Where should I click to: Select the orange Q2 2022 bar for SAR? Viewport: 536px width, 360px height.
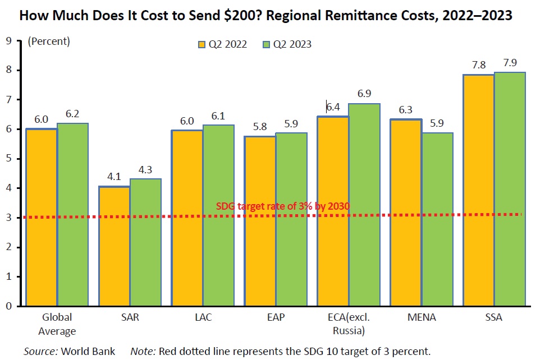[114, 246]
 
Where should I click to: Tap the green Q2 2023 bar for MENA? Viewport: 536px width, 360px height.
[437, 219]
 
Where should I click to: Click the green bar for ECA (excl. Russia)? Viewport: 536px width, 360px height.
[364, 205]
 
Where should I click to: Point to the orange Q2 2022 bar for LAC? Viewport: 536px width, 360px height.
[187, 218]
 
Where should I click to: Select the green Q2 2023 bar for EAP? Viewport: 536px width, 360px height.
[291, 219]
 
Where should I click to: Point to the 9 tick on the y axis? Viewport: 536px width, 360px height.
[8, 40]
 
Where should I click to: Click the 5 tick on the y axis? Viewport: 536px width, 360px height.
[8, 159]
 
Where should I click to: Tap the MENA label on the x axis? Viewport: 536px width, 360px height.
[421, 317]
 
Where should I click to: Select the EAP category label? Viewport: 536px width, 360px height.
[276, 317]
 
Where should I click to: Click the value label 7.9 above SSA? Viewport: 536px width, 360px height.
[510, 63]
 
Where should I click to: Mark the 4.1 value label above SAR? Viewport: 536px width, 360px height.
[114, 177]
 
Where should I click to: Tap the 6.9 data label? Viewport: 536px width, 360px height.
[364, 94]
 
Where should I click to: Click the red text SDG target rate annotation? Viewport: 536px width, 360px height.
[283, 206]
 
